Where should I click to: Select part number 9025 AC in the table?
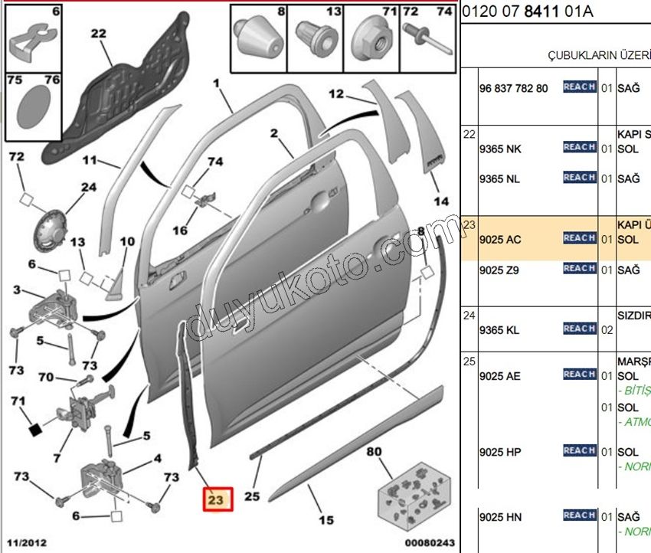pyautogui.click(x=499, y=239)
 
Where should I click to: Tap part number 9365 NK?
pyautogui.click(x=499, y=148)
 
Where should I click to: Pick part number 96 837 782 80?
pyautogui.click(x=513, y=88)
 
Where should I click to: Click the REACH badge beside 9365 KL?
pyautogui.click(x=579, y=329)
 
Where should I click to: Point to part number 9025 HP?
pyautogui.click(x=499, y=452)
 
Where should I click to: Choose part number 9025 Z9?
pyautogui.click(x=499, y=270)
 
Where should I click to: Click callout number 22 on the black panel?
pyautogui.click(x=98, y=33)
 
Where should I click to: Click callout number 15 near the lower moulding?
pyautogui.click(x=326, y=521)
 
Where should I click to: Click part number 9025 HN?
pyautogui.click(x=499, y=517)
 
